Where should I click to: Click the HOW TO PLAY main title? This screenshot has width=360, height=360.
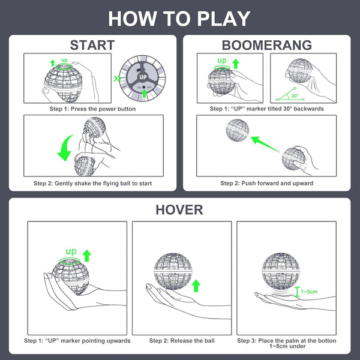[x=179, y=18]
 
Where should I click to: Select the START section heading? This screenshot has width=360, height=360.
[x=92, y=45]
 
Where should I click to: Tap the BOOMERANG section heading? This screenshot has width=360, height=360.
[x=266, y=45]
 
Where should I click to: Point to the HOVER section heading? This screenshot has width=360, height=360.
[x=179, y=209]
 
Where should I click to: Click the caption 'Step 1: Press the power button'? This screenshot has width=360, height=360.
[x=93, y=109]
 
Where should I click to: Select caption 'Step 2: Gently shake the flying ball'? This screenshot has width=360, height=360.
[x=92, y=183]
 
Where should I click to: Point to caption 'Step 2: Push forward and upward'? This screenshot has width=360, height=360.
[x=266, y=183]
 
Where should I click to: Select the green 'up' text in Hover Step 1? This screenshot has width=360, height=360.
[x=71, y=251]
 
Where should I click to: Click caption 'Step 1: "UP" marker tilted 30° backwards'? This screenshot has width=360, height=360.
[x=266, y=109]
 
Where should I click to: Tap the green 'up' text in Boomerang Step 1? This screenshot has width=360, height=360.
[x=222, y=61]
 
